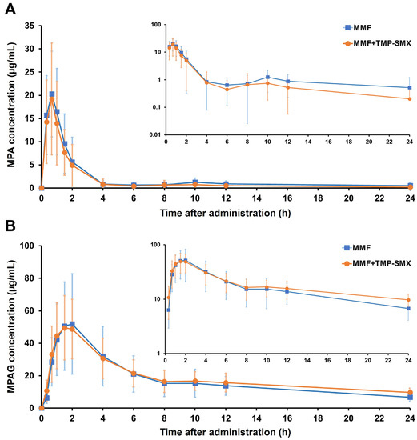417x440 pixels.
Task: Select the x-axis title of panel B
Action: point(226,433)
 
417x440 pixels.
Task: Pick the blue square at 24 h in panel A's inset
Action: point(410,88)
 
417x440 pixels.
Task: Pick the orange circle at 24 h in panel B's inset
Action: point(410,300)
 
